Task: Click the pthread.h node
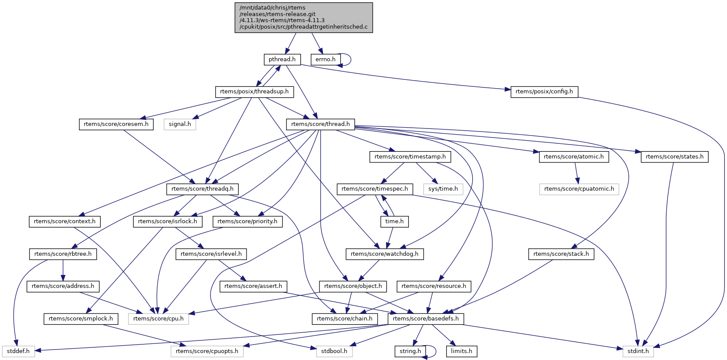[282, 59]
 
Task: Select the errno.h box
[325, 59]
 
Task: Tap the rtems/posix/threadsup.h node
[254, 92]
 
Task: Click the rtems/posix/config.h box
[544, 92]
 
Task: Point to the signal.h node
[180, 124]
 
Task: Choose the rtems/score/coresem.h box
[116, 124]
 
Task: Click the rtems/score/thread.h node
[320, 124]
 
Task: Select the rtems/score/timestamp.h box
[410, 157]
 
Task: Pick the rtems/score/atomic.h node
[574, 157]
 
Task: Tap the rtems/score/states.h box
[674, 157]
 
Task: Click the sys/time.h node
[443, 189]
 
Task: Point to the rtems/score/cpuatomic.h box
[579, 189]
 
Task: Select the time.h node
[395, 221]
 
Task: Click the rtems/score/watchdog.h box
[385, 254]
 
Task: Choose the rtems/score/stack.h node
[561, 254]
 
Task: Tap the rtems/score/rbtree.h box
[63, 254]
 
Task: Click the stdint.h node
[638, 351]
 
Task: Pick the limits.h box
[461, 351]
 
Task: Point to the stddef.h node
[18, 351]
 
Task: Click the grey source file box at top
[304, 17]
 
